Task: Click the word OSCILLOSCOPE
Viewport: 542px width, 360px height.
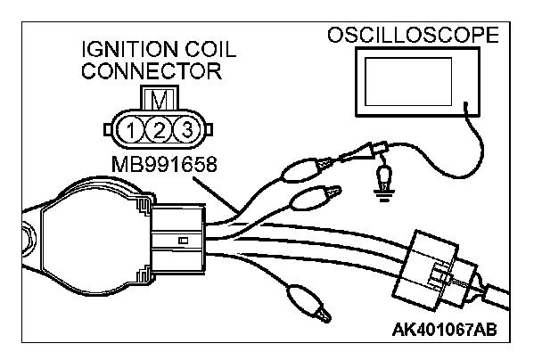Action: tap(426, 37)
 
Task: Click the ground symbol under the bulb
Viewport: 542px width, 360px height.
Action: tap(385, 197)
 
